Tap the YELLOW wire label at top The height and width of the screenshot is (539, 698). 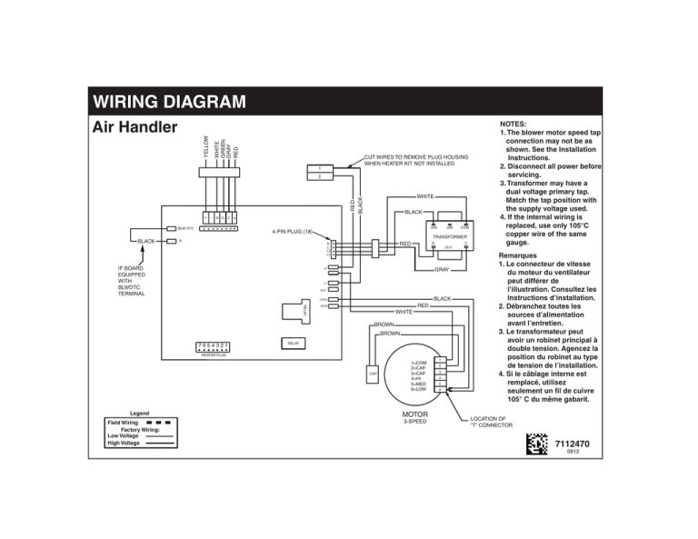[207, 146]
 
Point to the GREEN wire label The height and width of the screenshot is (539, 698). [222, 147]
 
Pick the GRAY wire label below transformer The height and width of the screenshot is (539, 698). [442, 270]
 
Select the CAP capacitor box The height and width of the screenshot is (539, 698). [373, 374]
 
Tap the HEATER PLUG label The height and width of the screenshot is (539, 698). [214, 356]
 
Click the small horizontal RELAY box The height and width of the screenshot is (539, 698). [293, 344]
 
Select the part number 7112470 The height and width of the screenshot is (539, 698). [573, 443]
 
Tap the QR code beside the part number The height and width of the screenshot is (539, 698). [537, 445]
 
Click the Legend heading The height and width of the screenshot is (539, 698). [139, 413]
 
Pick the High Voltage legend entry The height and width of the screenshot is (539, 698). [124, 444]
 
